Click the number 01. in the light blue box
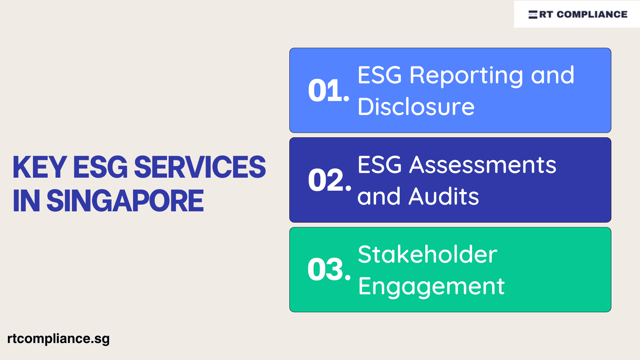pos(328,91)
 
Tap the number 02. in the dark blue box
pos(329,180)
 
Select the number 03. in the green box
pos(329,270)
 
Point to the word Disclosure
pos(416,107)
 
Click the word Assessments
pos(483,165)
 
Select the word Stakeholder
pos(427,255)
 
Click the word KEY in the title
pos(40,167)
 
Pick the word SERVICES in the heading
pos(200,167)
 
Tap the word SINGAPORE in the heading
pos(125,201)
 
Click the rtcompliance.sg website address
pos(58,339)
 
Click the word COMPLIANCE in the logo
pos(592,14)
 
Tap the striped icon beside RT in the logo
pos(533,14)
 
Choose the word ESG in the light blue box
pos(379,75)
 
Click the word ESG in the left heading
pos(100,167)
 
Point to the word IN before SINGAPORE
pos(26,201)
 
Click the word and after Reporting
pos(552,75)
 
